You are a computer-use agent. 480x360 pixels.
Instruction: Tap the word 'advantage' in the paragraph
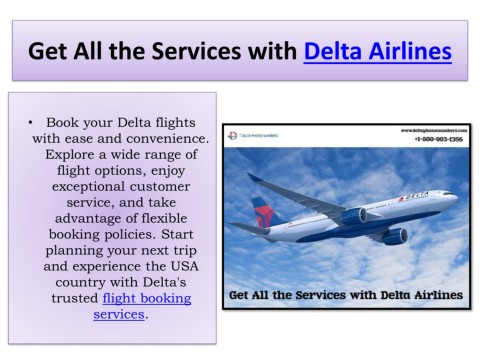pos(84,222)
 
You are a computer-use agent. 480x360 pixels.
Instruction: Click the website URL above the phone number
pos(432,129)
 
